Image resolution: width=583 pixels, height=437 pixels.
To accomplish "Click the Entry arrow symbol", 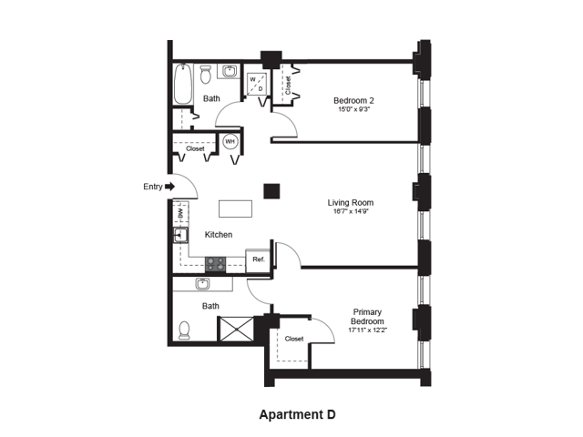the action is (x=170, y=186).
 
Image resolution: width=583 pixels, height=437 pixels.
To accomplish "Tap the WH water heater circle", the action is (x=230, y=142).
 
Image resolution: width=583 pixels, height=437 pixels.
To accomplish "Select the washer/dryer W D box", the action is (x=257, y=84).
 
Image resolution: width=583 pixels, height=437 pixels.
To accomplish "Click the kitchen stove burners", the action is (x=216, y=264).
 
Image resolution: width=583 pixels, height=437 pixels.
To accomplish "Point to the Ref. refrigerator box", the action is (x=258, y=260).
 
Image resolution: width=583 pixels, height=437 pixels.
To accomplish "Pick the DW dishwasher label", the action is (x=180, y=213).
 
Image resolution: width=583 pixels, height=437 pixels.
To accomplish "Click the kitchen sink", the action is (x=180, y=235).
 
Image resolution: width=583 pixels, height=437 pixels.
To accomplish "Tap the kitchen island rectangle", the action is (x=235, y=208).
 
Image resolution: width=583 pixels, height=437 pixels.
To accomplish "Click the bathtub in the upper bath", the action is (x=183, y=84).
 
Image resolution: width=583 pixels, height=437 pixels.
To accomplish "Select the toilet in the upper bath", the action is (x=205, y=75).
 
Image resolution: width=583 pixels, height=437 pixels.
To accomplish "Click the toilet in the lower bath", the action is (x=184, y=330).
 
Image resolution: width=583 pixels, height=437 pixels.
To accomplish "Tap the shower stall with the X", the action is (x=237, y=329).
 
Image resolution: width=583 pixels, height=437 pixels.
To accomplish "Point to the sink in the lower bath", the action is (x=202, y=284).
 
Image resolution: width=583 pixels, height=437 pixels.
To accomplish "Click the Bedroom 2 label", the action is (x=353, y=100).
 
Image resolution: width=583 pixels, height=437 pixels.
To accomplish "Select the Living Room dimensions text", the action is (x=351, y=212).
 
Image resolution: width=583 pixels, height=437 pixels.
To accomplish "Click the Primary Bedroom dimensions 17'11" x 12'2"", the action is (x=367, y=330).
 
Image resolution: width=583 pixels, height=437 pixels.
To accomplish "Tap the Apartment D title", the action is (x=298, y=414).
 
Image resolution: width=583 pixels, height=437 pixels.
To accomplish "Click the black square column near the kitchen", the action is (x=271, y=191).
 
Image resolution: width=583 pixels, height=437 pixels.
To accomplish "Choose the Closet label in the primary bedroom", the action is (x=294, y=339).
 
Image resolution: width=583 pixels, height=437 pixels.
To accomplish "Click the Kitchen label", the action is (x=219, y=235).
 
